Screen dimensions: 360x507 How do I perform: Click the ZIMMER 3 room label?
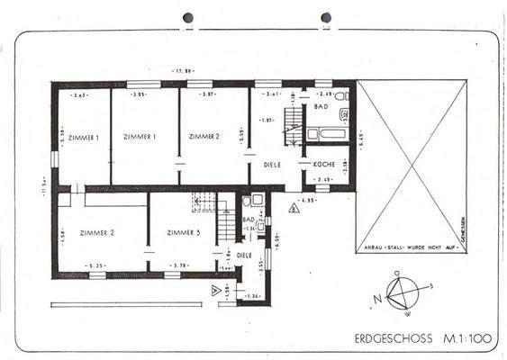pos(183,232)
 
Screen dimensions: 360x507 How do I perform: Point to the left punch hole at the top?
pos(188,17)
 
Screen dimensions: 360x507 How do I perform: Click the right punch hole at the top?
pos(326,17)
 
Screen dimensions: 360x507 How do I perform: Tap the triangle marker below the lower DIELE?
pos(214,289)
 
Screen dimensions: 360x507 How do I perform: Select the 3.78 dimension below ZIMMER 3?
pos(179,265)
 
